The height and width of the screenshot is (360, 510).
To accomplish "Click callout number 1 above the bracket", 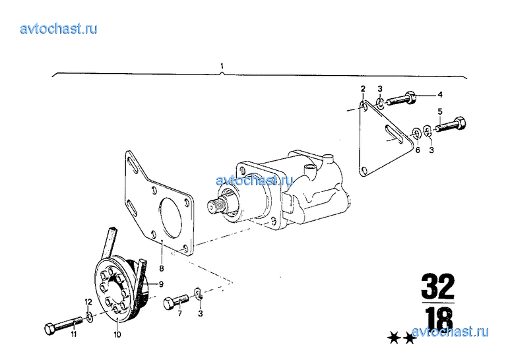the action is [x=222, y=66].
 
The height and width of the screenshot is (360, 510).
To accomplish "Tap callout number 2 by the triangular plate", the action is [x=363, y=89].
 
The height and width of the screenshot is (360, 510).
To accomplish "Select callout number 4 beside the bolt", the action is [x=440, y=95].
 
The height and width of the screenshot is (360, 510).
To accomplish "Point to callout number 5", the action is [x=440, y=112].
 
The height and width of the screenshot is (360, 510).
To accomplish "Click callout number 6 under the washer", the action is [x=418, y=150].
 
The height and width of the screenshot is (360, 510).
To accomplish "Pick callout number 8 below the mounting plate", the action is [x=162, y=269].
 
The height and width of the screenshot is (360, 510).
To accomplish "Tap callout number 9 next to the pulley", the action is [x=161, y=284].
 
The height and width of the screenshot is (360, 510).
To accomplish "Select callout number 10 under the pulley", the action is [x=117, y=334].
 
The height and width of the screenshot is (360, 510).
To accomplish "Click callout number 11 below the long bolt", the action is [x=74, y=334].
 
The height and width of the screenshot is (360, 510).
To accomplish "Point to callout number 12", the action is [x=88, y=302].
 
